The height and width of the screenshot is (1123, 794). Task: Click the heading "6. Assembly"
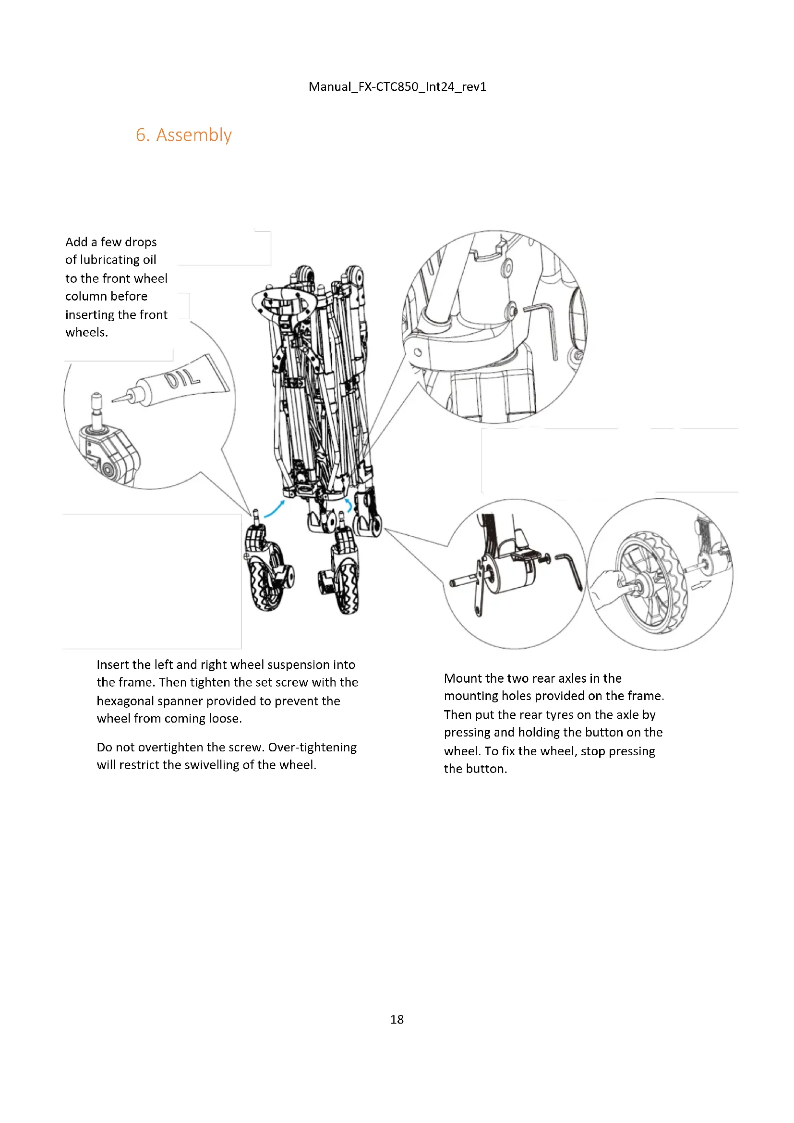coord(183,135)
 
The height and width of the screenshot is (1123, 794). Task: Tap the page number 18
coord(397,1019)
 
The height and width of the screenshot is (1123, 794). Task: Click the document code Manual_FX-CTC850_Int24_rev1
coord(397,86)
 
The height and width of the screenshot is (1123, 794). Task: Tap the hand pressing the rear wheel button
coord(609,584)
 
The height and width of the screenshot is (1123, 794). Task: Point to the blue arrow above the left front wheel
coord(274,508)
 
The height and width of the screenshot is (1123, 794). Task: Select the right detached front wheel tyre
coord(348,584)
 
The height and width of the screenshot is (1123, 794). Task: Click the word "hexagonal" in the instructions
coord(125,701)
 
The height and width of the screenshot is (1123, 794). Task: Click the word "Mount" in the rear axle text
coord(460,678)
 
